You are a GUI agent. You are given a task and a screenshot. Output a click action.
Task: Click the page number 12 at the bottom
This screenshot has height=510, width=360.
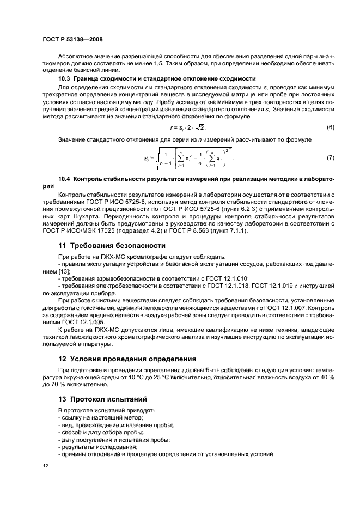(46, 466)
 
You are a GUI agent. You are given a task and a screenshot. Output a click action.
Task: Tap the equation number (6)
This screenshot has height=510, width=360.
(330, 127)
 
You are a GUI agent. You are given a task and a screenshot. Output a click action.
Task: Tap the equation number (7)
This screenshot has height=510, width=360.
(330, 158)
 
